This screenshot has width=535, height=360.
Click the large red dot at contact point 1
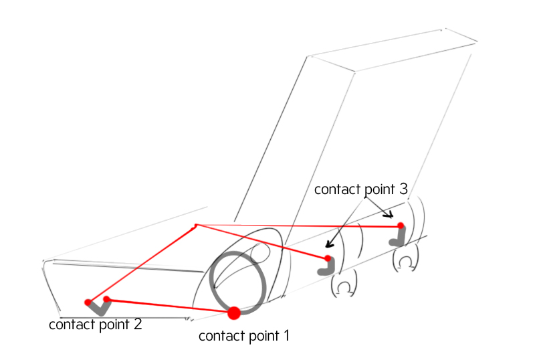coord(233,313)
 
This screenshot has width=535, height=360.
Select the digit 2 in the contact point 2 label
coord(138,324)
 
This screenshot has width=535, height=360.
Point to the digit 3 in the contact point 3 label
coord(403,189)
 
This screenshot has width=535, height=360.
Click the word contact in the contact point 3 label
coord(337,189)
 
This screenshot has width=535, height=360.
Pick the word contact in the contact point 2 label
coord(72,325)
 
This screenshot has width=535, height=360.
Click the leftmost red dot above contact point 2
coord(88,302)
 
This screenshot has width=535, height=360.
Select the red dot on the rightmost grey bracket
coord(401,226)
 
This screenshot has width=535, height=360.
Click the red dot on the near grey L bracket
coord(328,258)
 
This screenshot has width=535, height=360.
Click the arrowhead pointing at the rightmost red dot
coord(389,215)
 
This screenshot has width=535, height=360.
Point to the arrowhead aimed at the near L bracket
coord(329,244)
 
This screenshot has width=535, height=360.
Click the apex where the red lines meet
coord(196,225)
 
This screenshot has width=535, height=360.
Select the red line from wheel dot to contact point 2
coord(171,306)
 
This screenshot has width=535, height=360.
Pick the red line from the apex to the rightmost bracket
coord(298,226)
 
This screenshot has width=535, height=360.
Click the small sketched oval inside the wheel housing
coord(260,252)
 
